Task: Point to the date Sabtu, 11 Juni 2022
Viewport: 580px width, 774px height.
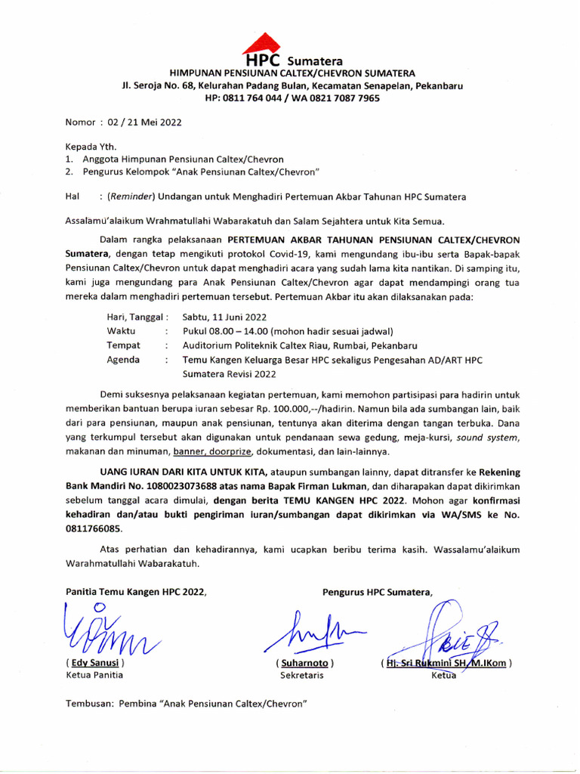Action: [x=224, y=317]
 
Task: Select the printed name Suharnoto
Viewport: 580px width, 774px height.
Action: [x=305, y=663]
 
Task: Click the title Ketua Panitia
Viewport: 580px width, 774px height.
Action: [x=94, y=676]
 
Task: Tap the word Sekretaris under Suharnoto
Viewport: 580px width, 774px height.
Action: [x=302, y=676]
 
